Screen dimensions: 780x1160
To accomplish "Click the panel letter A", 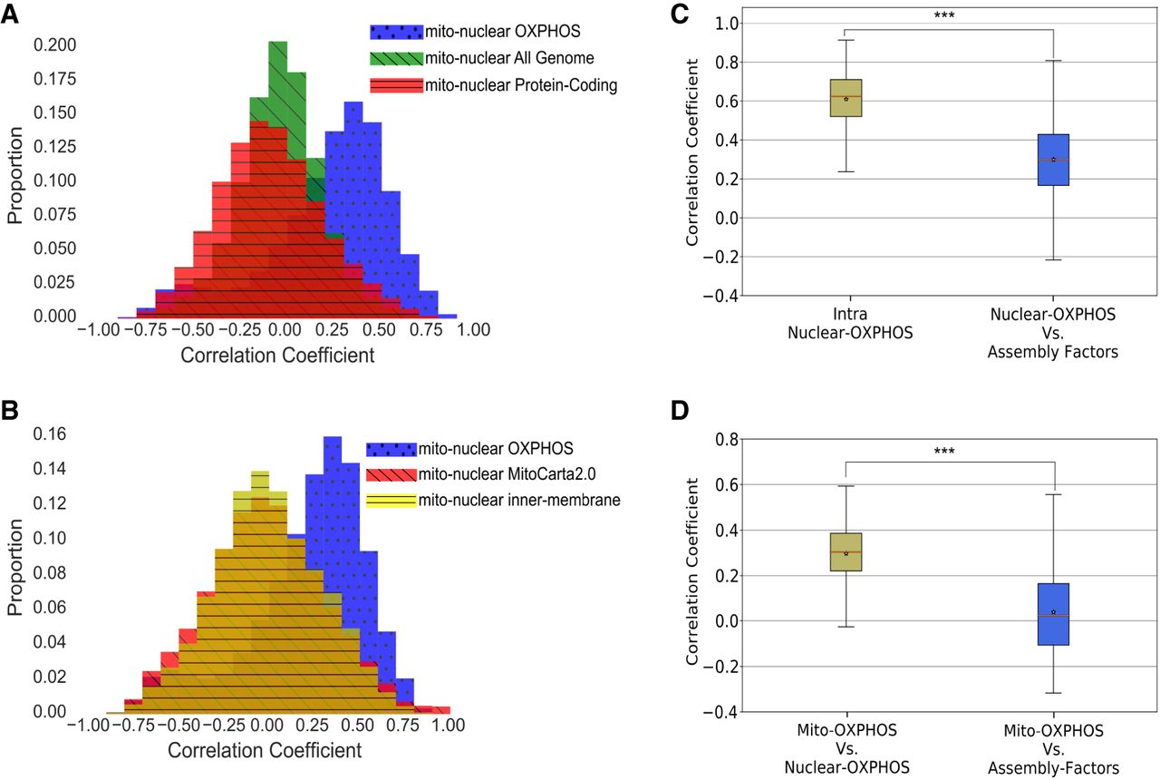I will coord(13,16).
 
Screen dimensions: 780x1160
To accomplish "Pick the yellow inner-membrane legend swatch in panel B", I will coord(391,499).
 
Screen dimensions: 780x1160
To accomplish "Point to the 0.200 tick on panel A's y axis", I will coord(55,44).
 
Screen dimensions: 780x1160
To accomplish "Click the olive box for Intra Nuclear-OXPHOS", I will coord(846,97).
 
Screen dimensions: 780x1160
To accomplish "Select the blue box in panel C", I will coord(1054,160).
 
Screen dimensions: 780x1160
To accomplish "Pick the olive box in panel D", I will coord(846,551).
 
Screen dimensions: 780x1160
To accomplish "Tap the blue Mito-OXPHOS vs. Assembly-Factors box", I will coord(1054,614).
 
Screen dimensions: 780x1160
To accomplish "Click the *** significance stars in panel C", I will coord(948,15).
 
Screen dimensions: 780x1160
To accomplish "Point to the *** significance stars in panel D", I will coord(948,451).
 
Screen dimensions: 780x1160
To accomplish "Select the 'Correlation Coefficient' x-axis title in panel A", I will coord(276,355).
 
